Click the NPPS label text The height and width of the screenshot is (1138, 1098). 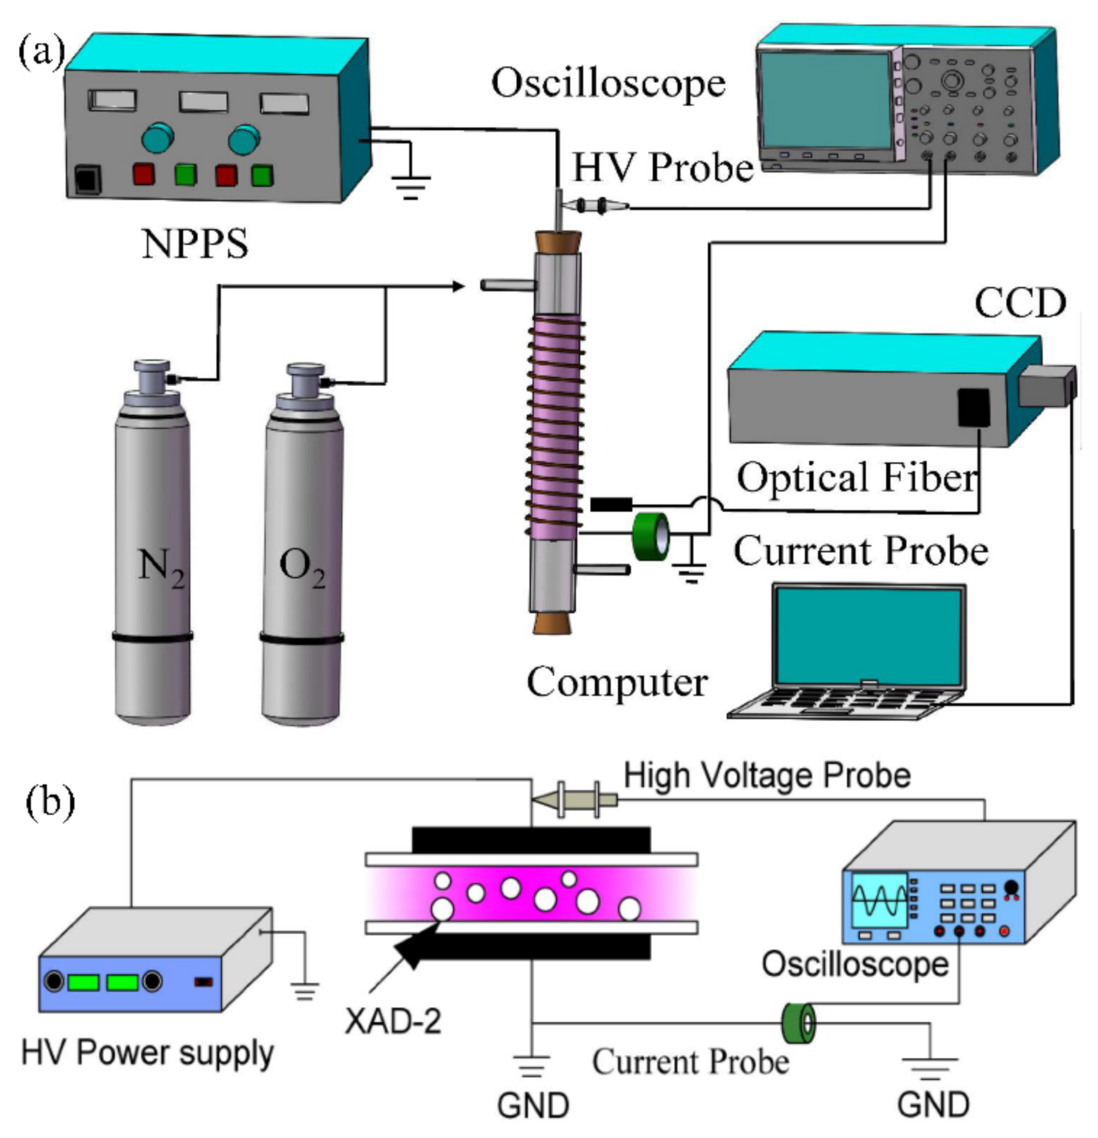[x=195, y=244]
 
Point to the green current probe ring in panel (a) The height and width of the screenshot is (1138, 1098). [x=650, y=536]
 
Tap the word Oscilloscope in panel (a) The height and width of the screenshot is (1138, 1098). [x=608, y=83]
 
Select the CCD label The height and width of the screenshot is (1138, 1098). [x=1019, y=303]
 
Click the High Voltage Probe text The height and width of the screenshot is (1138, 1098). [x=767, y=776]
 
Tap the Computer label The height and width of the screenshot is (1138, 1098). [x=617, y=682]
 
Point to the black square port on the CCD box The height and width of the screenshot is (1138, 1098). [x=973, y=408]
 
